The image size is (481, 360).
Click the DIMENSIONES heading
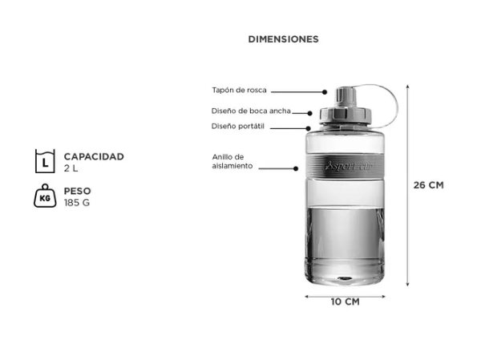point(284,39)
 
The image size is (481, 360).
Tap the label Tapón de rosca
point(239,91)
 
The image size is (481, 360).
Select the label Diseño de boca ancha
point(251,111)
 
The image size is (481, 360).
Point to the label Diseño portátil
point(238,126)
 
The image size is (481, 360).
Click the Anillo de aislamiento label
point(232,161)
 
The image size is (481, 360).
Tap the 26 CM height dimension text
point(429,185)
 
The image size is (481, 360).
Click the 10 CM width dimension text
point(345,302)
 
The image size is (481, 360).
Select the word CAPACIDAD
point(94,156)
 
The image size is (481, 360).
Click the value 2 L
point(71,168)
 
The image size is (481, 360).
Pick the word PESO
point(77,191)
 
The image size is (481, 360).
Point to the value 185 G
point(77,203)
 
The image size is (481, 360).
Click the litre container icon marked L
point(45,161)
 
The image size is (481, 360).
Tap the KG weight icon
point(45,196)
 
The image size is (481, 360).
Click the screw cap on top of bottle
point(346,96)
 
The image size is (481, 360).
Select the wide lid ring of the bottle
point(346,115)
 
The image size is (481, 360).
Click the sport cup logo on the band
point(349,166)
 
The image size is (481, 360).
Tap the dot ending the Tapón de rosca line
point(325,91)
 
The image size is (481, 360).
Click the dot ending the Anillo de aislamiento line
point(296,168)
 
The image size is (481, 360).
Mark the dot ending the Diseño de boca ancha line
point(309,113)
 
